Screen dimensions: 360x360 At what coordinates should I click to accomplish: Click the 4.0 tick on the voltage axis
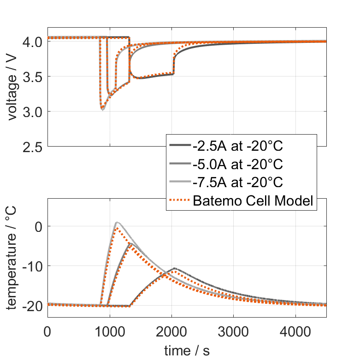point(32,41)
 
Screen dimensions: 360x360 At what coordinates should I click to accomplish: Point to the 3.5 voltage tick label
point(32,77)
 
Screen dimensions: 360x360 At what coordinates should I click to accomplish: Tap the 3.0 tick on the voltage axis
point(32,112)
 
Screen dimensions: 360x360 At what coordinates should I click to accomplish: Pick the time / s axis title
point(187,350)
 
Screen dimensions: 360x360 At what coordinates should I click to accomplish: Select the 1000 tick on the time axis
point(109,331)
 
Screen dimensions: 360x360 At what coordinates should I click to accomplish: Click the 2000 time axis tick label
point(171,331)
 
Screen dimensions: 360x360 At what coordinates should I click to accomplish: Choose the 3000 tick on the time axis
point(234,331)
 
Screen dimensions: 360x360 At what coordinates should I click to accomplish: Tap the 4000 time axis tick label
point(295,331)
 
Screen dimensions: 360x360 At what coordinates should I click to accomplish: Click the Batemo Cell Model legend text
point(254,201)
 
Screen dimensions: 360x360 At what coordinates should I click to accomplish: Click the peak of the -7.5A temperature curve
point(117,222)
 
